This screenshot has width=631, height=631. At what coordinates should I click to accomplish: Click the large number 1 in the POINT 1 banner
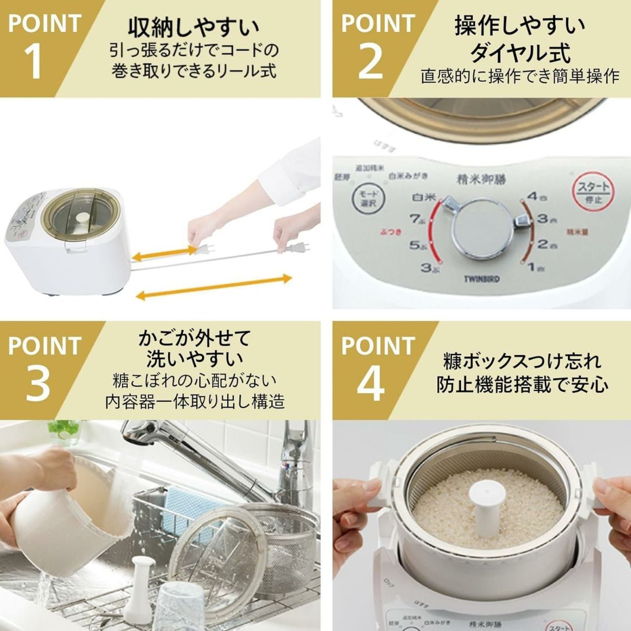[x=33, y=62]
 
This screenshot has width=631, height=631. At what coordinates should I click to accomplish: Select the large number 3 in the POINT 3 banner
[x=37, y=383]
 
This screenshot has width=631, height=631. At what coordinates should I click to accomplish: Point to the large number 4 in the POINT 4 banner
[x=372, y=383]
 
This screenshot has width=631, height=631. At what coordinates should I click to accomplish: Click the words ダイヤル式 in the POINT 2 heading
[x=520, y=53]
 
